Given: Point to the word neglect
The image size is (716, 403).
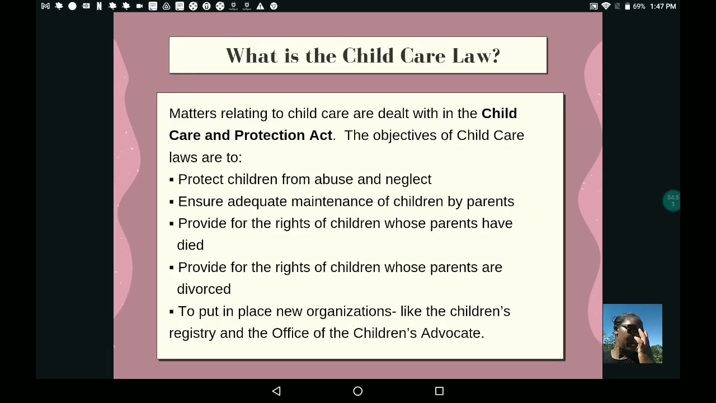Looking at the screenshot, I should click(408, 179).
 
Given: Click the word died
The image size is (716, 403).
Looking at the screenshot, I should click(190, 245).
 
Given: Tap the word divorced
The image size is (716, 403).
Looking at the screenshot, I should click(204, 289).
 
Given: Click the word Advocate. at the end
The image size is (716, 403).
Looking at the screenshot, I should click(452, 333).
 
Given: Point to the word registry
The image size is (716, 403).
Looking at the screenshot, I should click(192, 334).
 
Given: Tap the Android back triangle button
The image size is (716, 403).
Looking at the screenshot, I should click(276, 391).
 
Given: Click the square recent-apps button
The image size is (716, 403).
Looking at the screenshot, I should click(439, 391).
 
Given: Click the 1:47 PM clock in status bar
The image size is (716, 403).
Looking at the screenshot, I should click(663, 6).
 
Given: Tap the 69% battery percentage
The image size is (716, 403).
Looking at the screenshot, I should click(639, 6).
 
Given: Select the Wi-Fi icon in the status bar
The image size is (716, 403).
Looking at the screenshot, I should click(606, 6).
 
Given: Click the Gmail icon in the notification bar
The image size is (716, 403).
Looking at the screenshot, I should click(45, 6).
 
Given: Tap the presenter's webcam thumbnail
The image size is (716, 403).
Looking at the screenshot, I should click(632, 334).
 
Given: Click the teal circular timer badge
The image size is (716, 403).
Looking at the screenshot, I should click(672, 200).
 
